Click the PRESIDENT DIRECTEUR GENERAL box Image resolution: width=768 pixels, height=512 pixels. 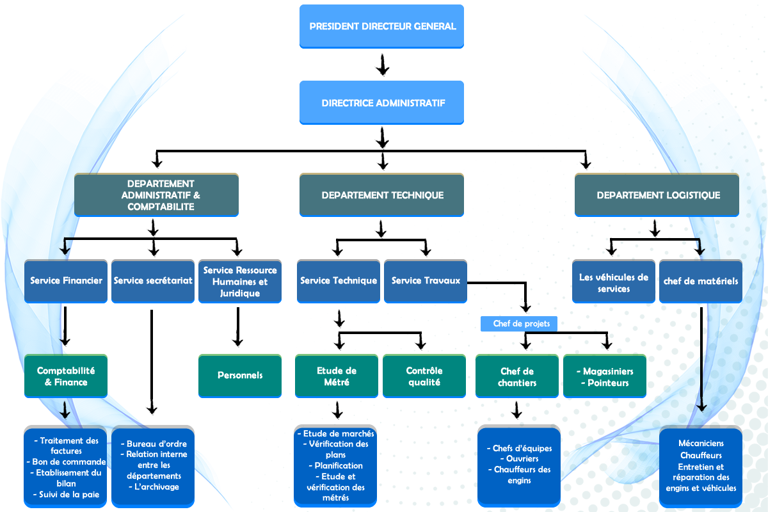381,26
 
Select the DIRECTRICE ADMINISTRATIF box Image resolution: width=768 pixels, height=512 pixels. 381,102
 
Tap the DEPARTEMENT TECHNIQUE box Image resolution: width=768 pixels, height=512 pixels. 381,195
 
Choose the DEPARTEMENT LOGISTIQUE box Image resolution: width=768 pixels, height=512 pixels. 657,195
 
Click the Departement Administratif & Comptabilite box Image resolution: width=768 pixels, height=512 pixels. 156,195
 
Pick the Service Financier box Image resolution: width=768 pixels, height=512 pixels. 67,280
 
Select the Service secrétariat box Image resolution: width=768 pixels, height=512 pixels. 153,280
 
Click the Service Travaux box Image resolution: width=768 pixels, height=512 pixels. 426,280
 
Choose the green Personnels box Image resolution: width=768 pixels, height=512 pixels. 240,376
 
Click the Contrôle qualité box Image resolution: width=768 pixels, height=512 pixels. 424,376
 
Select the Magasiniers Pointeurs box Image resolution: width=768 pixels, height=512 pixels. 604,376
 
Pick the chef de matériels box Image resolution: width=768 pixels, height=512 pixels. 701,280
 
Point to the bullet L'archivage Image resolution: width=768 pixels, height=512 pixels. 154,487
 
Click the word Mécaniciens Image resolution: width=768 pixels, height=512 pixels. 701,444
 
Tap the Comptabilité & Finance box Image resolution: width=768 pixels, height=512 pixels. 66,376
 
